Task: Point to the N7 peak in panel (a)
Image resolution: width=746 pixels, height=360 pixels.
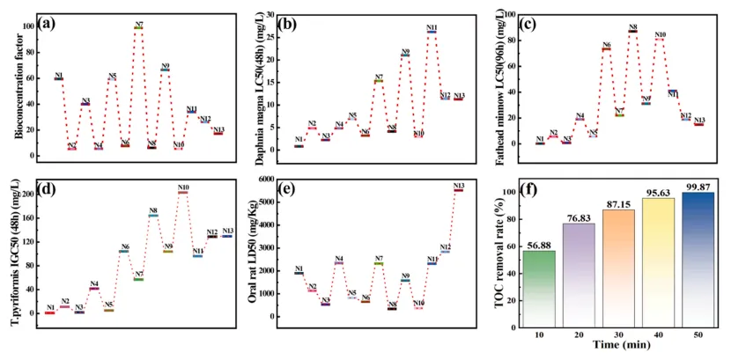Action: click(139, 27)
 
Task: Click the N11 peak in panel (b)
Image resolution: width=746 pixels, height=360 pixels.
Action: click(432, 32)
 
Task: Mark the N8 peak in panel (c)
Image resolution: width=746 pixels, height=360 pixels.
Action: click(632, 31)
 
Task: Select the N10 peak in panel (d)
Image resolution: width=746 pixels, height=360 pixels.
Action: click(183, 191)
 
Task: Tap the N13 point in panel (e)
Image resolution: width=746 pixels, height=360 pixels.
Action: click(458, 189)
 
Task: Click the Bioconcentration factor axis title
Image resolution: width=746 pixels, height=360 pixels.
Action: click(18, 88)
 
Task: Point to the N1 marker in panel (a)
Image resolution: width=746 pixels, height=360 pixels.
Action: click(58, 78)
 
